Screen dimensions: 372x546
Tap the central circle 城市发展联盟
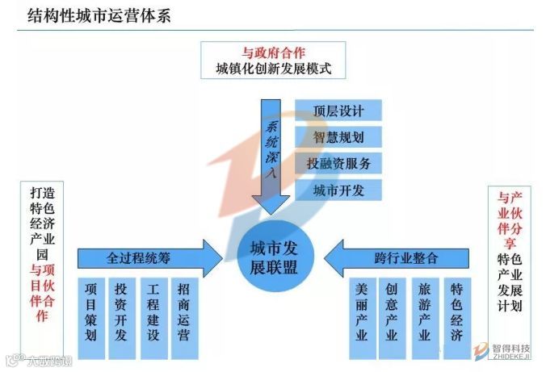[274, 257]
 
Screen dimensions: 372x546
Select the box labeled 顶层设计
[338, 111]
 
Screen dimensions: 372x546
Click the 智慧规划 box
[338, 137]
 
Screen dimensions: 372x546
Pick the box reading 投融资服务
[338, 164]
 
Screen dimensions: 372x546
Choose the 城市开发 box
[338, 190]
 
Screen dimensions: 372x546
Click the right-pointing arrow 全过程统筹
[149, 258]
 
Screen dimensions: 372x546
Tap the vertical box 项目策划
[91, 310]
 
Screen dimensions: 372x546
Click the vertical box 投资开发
[122, 310]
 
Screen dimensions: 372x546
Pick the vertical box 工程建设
[153, 310]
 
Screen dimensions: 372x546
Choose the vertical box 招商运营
[184, 310]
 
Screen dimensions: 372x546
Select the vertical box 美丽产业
[361, 310]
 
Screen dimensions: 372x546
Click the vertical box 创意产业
[393, 310]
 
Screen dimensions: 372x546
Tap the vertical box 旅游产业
[425, 310]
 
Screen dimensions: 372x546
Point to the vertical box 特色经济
[457, 310]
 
